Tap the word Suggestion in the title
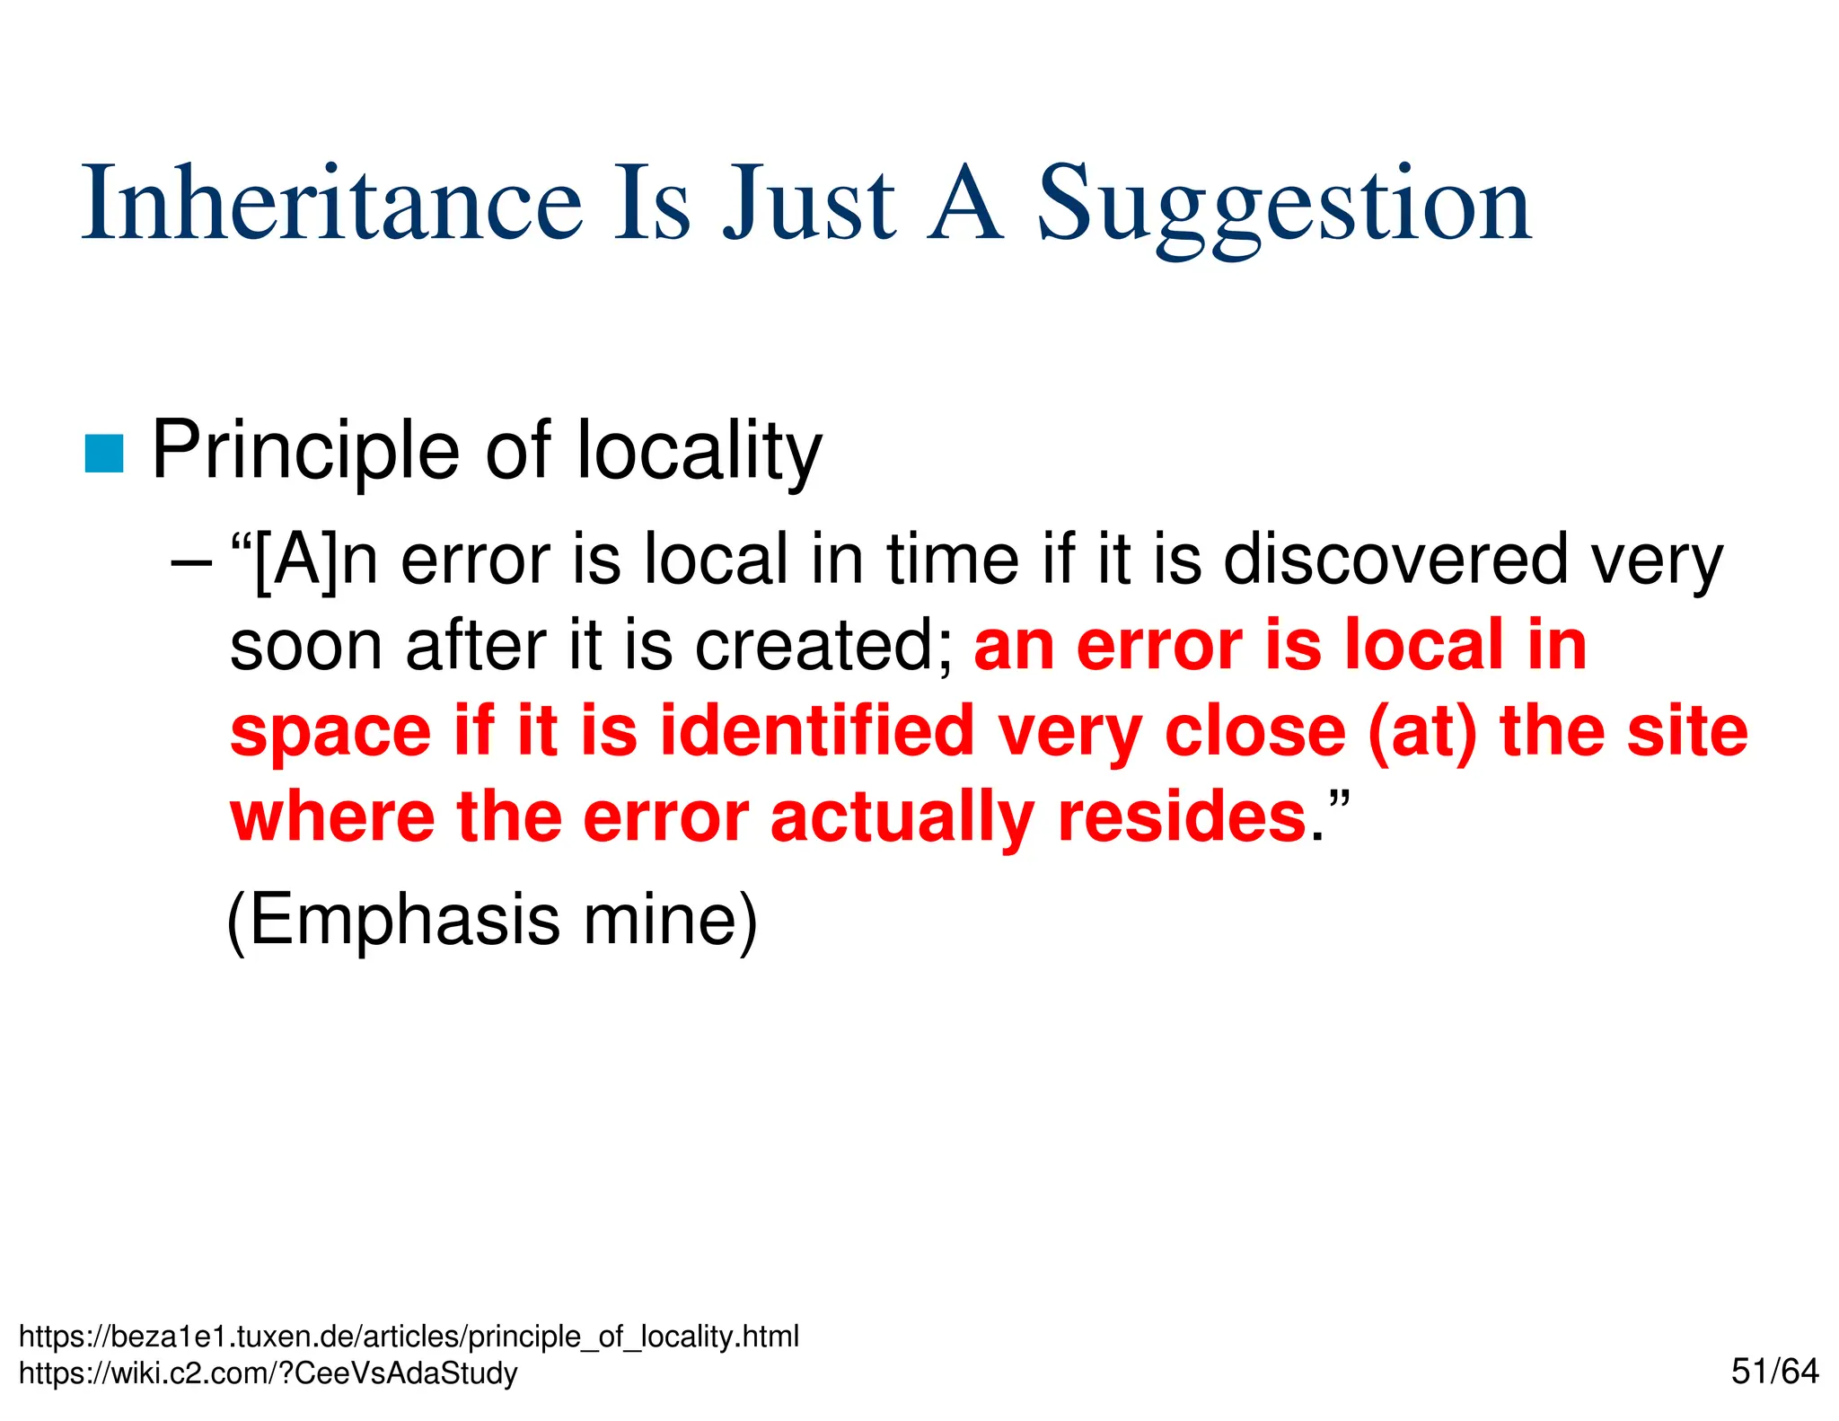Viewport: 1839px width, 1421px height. coord(1284,207)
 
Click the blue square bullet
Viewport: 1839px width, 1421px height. coord(104,453)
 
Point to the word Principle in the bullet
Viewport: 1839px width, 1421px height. coord(305,451)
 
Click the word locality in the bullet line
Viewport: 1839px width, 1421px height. coord(699,451)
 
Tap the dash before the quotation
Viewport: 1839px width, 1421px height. coord(190,562)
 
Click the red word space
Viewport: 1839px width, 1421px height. coord(331,733)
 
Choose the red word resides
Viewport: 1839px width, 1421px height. coord(1182,817)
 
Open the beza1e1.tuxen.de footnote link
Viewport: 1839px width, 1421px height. coord(409,1337)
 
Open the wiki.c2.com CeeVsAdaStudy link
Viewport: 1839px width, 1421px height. coord(268,1373)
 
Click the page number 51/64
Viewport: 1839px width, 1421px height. coord(1774,1372)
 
